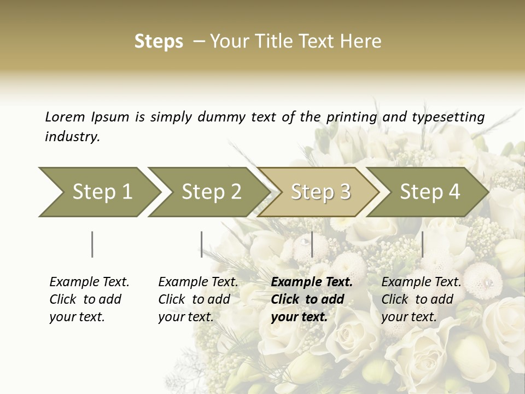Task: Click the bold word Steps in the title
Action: (x=159, y=42)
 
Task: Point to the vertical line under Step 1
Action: (x=92, y=244)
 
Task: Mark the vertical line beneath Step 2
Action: (x=202, y=244)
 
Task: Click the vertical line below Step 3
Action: (x=312, y=244)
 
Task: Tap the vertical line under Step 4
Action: (x=422, y=244)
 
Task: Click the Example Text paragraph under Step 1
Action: (x=89, y=299)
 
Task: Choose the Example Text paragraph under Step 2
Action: (x=198, y=299)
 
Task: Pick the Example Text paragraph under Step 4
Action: (x=421, y=299)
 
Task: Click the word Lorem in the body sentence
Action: (x=65, y=117)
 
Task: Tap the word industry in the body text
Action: (x=72, y=137)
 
